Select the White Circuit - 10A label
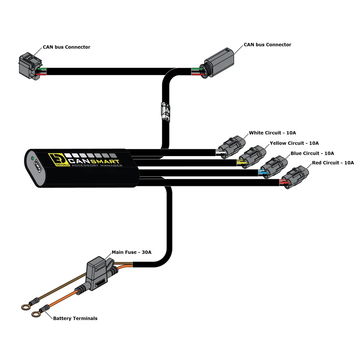[272, 133]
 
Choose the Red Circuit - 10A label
[333, 162]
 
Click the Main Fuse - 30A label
[131, 252]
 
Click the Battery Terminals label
[75, 318]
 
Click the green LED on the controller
[32, 158]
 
